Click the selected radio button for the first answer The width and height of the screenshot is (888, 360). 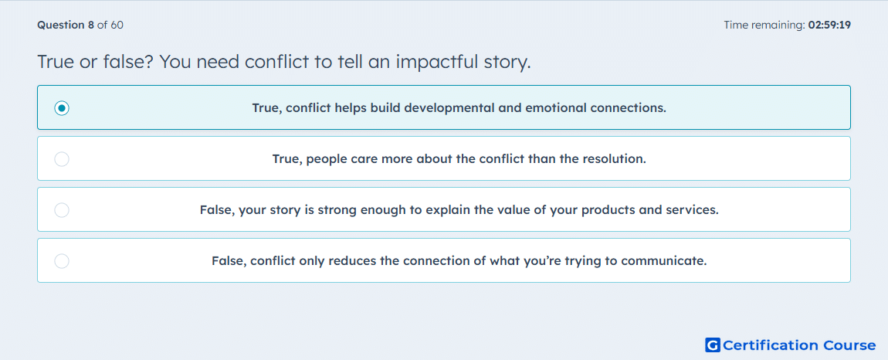[62, 107]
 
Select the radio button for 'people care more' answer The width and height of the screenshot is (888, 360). [62, 158]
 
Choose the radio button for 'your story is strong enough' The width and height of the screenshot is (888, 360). [62, 210]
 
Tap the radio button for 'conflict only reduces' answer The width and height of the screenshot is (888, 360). [62, 261]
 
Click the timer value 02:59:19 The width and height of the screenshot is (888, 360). [829, 25]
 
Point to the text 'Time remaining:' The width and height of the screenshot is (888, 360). [764, 25]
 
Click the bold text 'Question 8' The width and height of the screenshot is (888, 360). [66, 25]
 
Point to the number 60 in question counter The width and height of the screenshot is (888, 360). [117, 25]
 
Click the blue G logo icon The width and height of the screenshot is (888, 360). [713, 345]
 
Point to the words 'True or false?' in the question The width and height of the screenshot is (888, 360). [95, 62]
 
